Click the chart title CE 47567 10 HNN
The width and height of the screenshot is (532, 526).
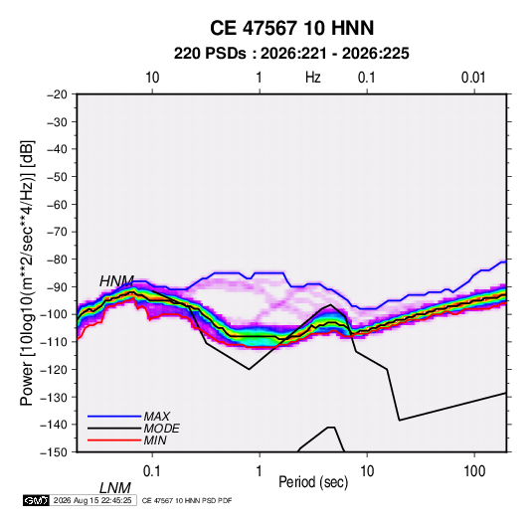click(x=291, y=28)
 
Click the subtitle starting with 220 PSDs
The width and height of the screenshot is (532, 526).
click(x=291, y=54)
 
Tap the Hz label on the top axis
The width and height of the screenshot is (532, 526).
click(x=312, y=78)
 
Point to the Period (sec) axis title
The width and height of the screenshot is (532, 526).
click(x=313, y=482)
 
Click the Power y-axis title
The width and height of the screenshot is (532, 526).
click(x=27, y=273)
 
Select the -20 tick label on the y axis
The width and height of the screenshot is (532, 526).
click(x=57, y=94)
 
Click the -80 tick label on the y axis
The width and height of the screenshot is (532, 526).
click(x=57, y=260)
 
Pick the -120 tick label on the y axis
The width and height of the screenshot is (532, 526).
click(x=54, y=369)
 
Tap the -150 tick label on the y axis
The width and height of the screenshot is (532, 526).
click(x=54, y=452)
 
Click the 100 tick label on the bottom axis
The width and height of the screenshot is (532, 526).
click(x=474, y=471)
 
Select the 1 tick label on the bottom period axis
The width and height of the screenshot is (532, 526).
click(x=260, y=471)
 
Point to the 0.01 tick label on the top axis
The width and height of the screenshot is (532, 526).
click(x=473, y=78)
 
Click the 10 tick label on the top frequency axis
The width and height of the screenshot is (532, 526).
click(x=152, y=78)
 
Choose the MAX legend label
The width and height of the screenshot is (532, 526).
click(x=157, y=417)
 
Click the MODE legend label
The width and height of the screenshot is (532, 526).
click(x=161, y=429)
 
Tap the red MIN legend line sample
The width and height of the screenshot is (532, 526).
click(x=114, y=440)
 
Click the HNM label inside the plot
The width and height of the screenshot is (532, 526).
click(x=116, y=281)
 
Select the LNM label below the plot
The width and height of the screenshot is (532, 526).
click(x=115, y=488)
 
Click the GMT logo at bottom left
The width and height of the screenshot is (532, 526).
click(x=36, y=500)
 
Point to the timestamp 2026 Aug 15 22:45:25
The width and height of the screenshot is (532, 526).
click(x=92, y=500)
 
